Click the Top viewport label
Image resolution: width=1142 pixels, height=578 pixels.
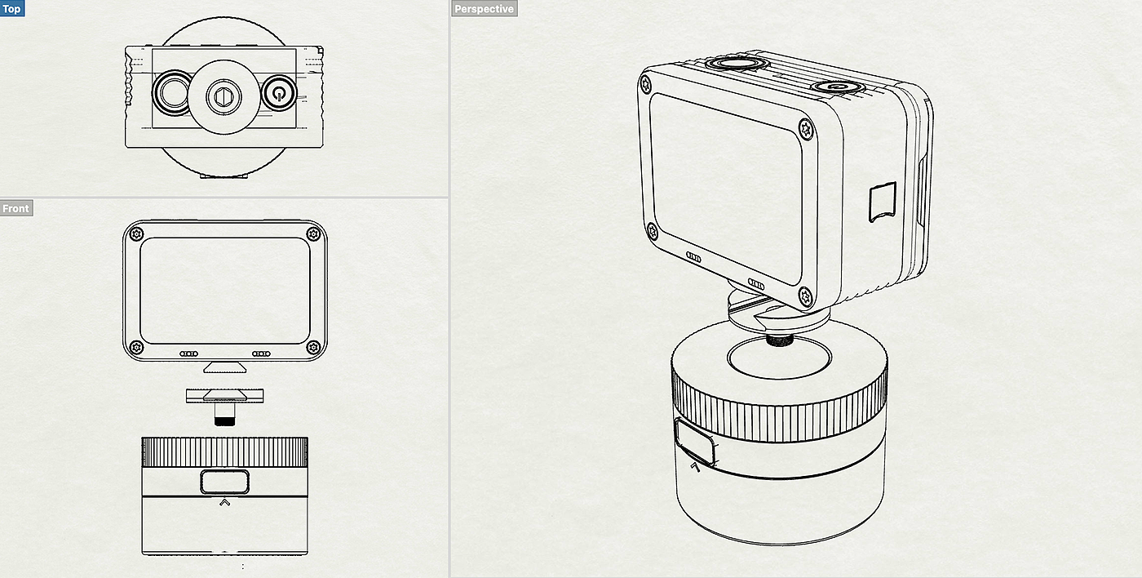(x=11, y=9)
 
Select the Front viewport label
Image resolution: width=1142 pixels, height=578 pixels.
(x=15, y=208)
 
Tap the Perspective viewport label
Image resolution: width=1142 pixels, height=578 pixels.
(x=484, y=9)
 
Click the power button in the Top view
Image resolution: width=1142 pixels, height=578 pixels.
(x=279, y=93)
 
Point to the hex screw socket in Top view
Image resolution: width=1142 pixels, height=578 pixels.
(x=224, y=96)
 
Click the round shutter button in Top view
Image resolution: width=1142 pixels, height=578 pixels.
(x=173, y=93)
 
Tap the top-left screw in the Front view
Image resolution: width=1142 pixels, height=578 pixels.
(x=136, y=234)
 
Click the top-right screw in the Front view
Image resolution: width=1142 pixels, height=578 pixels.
(x=313, y=234)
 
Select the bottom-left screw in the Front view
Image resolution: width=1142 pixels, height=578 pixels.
(x=136, y=348)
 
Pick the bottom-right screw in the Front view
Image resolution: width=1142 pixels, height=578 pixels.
(x=313, y=348)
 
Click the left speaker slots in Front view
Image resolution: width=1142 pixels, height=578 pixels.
(x=188, y=353)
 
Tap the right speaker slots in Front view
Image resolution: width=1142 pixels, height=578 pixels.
(x=261, y=353)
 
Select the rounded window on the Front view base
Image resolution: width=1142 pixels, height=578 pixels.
(x=225, y=482)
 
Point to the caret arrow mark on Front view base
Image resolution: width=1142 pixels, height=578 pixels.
(x=225, y=503)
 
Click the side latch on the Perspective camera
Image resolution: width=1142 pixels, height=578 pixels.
(x=883, y=202)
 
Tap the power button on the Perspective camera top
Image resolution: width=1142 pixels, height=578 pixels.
(x=835, y=87)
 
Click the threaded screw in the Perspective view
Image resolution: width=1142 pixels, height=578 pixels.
(x=780, y=340)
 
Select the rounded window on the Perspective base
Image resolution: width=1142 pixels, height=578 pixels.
(x=694, y=442)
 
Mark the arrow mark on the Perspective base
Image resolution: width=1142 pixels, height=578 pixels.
(x=695, y=467)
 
